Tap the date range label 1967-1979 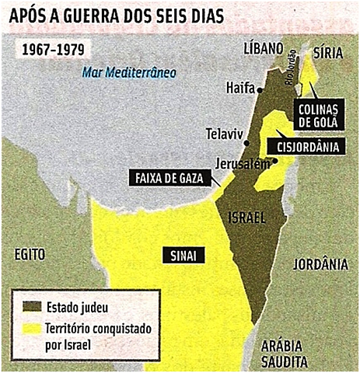coord(54,48)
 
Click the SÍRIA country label coord(327,52)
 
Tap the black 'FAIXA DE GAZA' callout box coord(168,178)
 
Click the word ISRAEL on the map coord(246,219)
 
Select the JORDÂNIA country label coord(320,264)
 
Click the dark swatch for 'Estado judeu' coord(32,305)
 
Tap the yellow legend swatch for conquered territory coord(32,327)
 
